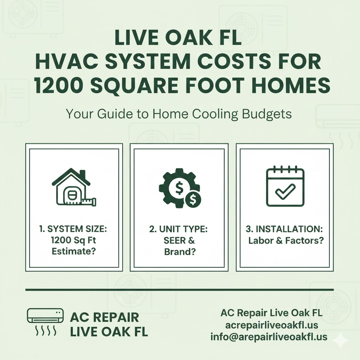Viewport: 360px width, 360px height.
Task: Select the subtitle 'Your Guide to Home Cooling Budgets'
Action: (x=179, y=115)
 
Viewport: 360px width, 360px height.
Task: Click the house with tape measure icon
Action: (x=74, y=187)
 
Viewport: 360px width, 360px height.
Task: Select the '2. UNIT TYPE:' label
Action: (x=179, y=229)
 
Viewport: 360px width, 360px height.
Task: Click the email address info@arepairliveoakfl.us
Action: (x=269, y=337)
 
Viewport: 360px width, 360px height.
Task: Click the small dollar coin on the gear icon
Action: (x=193, y=200)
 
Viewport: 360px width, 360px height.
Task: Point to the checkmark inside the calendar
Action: (x=285, y=191)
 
